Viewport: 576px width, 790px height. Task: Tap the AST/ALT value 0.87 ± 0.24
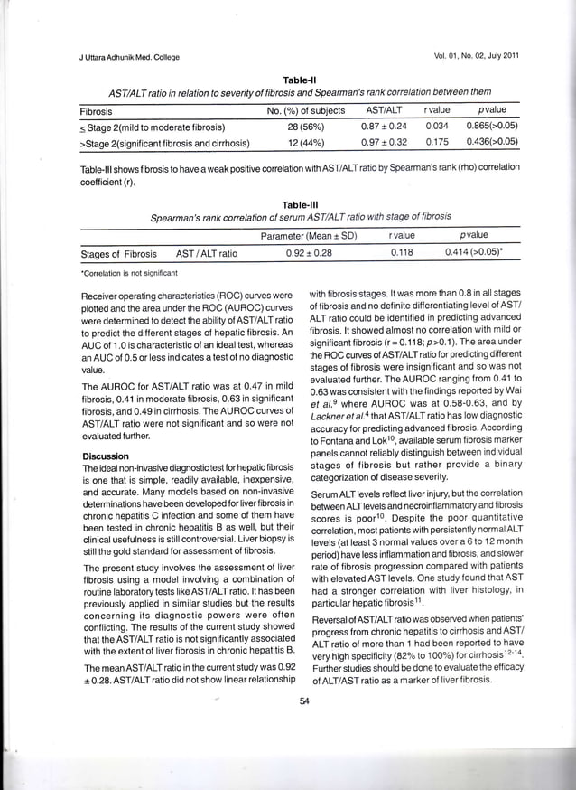tap(384, 127)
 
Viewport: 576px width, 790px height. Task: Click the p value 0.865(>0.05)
tap(491, 127)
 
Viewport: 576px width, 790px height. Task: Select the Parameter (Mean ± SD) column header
tap(309, 237)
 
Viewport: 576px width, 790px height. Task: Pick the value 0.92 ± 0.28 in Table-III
tap(309, 254)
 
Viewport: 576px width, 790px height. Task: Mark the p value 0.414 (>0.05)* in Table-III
tap(480, 254)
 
